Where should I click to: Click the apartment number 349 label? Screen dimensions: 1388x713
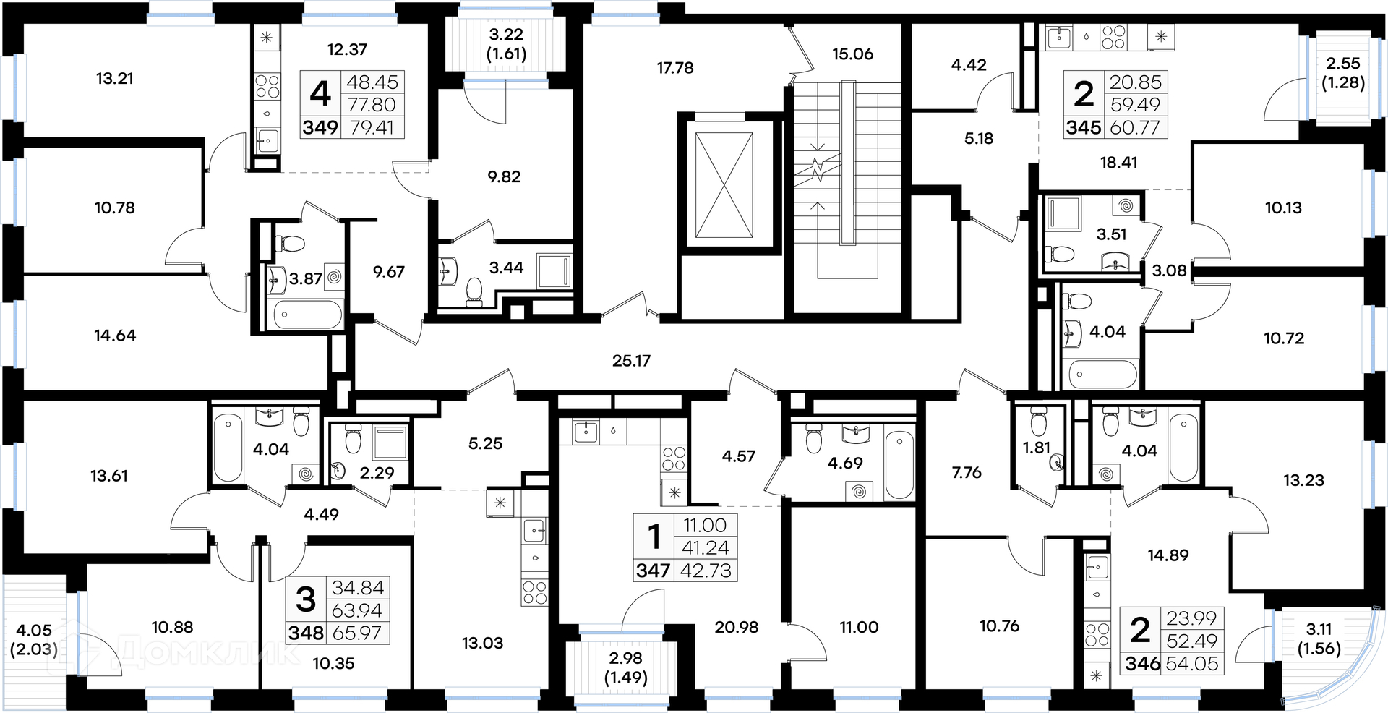320,127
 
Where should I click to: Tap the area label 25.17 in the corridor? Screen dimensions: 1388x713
631,360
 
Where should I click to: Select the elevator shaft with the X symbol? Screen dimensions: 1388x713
724,185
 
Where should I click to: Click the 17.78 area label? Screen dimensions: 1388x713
674,68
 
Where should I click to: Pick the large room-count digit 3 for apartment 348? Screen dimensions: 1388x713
306,599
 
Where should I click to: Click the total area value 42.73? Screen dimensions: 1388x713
706,571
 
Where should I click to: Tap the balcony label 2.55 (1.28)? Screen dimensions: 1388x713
1343,73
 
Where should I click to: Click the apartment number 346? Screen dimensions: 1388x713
1142,663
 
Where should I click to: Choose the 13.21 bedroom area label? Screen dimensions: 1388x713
115,78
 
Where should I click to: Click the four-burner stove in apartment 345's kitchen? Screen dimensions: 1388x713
1113,37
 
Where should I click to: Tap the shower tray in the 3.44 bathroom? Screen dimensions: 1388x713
554,270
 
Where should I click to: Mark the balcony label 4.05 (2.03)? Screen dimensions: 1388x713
34,639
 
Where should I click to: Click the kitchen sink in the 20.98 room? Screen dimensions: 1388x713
584,432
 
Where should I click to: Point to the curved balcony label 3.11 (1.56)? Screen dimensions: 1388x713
1319,639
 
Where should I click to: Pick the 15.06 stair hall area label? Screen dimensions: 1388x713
852,54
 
